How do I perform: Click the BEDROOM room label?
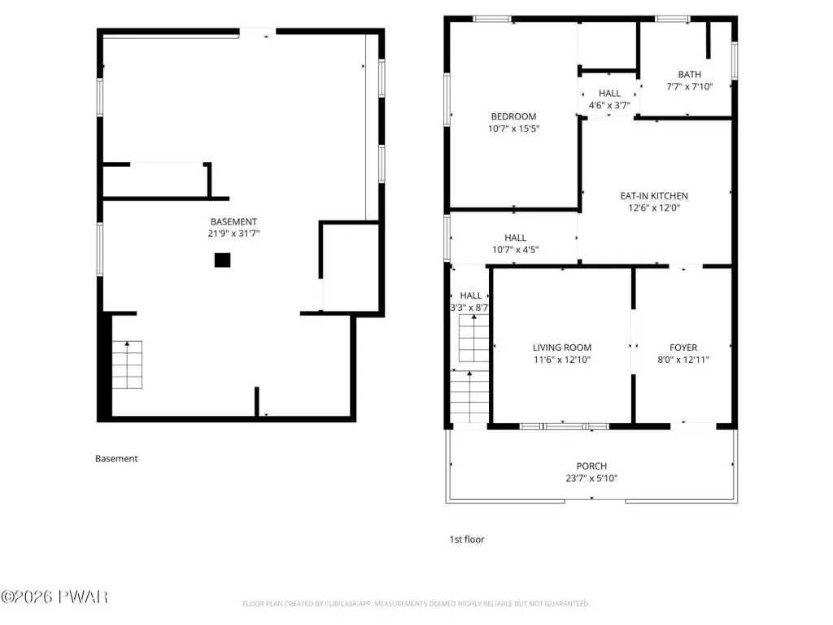[x=513, y=116]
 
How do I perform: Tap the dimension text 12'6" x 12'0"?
[x=654, y=208]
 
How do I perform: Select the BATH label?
[x=690, y=74]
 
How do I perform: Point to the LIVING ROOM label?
[x=562, y=347]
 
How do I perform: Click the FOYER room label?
[x=683, y=347]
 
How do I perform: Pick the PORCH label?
[x=591, y=466]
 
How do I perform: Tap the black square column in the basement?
[x=223, y=260]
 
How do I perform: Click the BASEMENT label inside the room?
[x=233, y=221]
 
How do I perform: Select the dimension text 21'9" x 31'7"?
[x=233, y=234]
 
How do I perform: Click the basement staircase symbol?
[x=127, y=365]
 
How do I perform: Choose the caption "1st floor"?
[x=467, y=540]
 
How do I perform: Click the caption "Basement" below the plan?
[x=116, y=459]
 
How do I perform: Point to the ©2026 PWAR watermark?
[x=55, y=597]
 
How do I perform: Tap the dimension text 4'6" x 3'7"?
[x=609, y=105]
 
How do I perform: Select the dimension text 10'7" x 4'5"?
[x=515, y=250]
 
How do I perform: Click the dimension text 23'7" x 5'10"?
[x=591, y=479]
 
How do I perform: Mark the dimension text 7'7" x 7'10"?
[x=690, y=86]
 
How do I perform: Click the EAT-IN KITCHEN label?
[x=654, y=196]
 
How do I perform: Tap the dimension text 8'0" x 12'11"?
[x=683, y=360]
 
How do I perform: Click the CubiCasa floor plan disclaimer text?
[x=416, y=604]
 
